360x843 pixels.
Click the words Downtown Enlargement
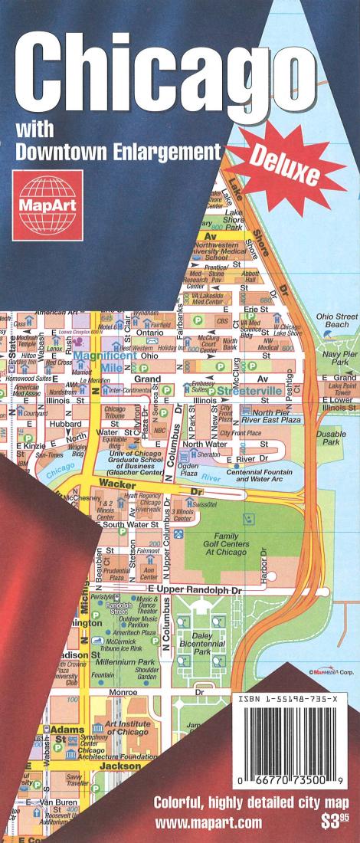coord(117,150)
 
